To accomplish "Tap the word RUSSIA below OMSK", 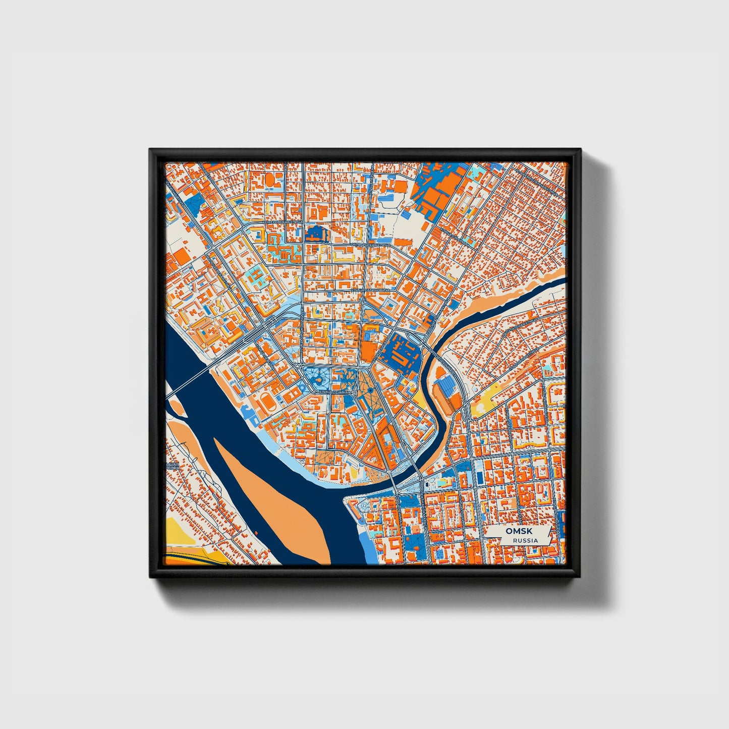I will tap(525, 540).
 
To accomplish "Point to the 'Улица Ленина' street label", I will tap(333, 392).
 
